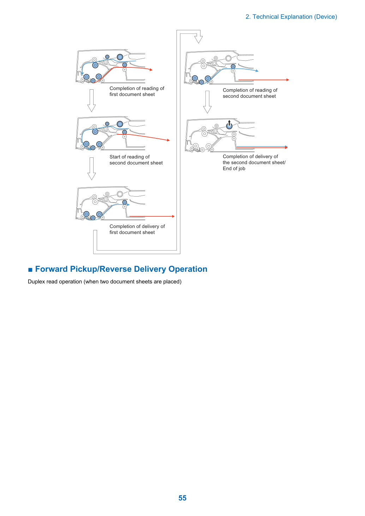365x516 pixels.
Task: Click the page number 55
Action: coord(182,498)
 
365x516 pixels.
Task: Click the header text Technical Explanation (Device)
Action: coord(295,17)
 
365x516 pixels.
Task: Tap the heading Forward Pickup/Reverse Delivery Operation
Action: coord(121,269)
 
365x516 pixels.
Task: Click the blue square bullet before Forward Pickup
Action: coord(30,270)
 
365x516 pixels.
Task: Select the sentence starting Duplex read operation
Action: coord(104,282)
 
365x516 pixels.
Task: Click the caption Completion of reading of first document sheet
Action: coord(137,91)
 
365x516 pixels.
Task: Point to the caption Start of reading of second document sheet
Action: coord(136,160)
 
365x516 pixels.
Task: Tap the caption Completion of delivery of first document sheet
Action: coord(137,229)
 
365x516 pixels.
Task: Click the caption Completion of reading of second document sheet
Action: coord(250,93)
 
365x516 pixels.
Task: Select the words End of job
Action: coord(234,169)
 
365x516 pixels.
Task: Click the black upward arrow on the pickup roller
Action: coord(229,123)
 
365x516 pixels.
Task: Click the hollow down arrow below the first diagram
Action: coord(91,101)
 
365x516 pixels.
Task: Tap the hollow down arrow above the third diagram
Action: coord(91,169)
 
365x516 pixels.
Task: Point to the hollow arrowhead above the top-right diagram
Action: coord(198,39)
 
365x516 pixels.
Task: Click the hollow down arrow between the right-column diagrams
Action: coord(208,102)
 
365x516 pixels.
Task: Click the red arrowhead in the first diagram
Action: coord(151,70)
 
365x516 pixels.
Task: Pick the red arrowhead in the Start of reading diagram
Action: coord(168,140)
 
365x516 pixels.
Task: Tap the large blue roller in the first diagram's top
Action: coord(120,57)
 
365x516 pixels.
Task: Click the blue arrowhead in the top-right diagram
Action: coord(257,71)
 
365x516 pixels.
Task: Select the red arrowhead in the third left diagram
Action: coord(173,216)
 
